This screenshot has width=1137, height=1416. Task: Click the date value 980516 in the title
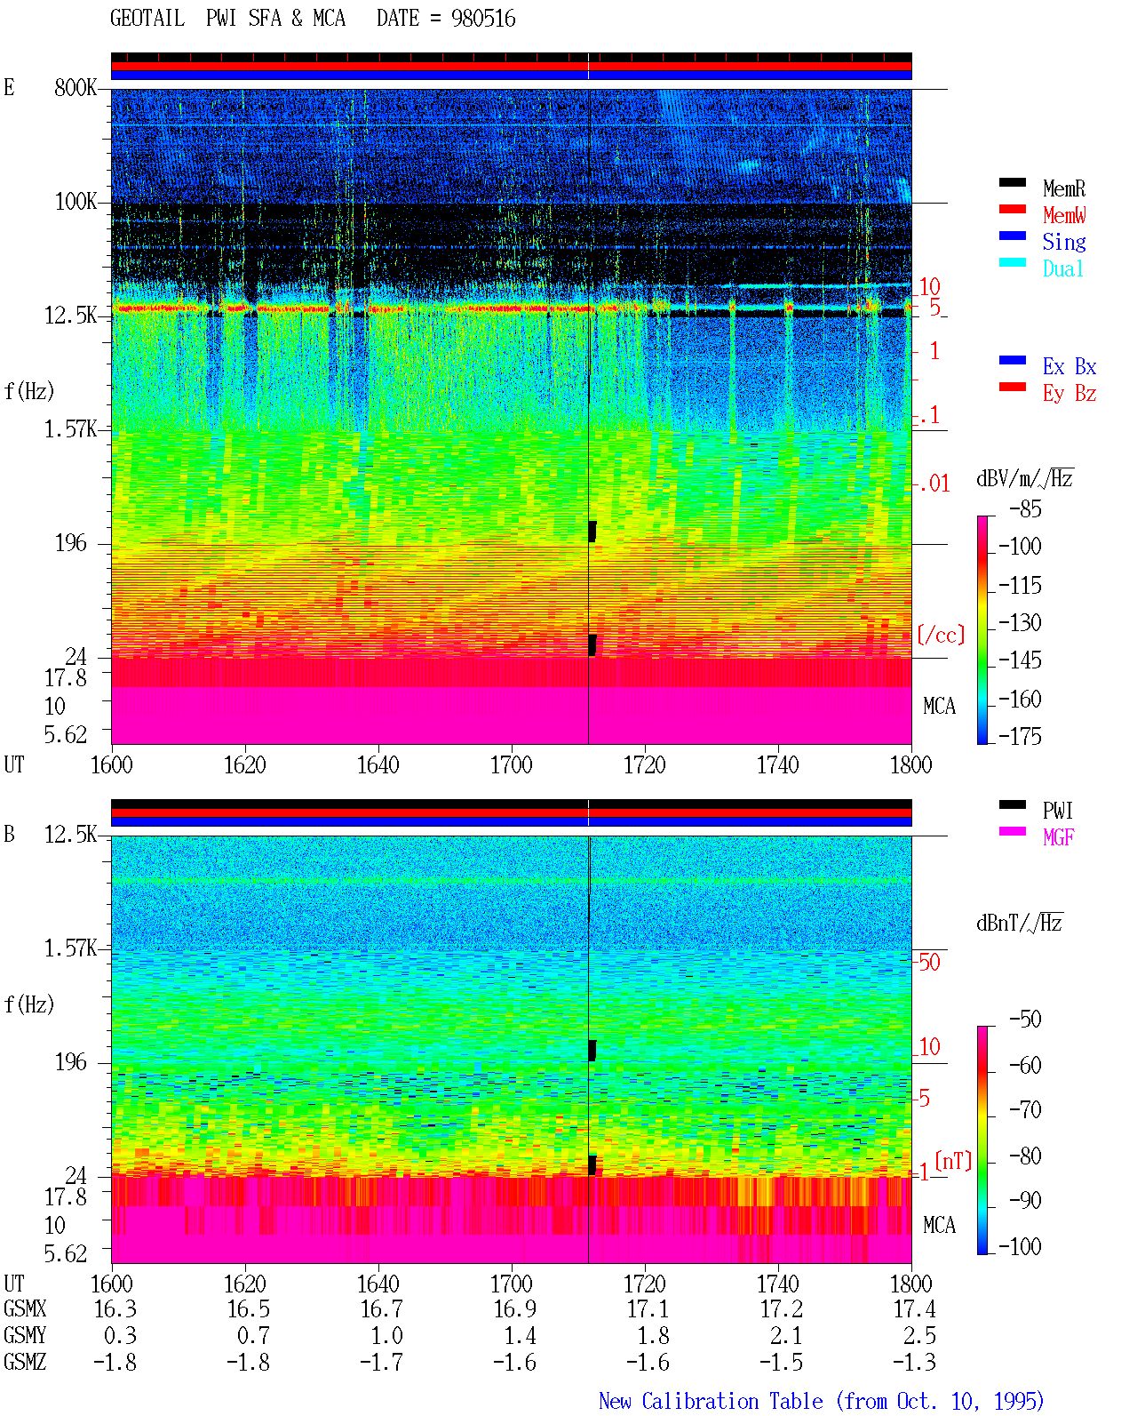(x=483, y=19)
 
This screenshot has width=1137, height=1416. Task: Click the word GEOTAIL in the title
(x=147, y=19)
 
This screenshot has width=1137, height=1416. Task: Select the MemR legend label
(x=1064, y=188)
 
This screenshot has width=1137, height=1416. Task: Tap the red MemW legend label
(x=1064, y=215)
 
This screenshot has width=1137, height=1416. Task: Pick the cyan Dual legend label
(x=1063, y=268)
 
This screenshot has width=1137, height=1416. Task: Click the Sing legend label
(x=1064, y=242)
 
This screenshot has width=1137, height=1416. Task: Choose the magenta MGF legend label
(x=1058, y=837)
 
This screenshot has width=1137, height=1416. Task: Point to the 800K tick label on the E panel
(x=76, y=87)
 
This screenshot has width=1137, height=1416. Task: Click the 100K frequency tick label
(x=76, y=202)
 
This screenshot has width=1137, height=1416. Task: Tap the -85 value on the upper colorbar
(x=1025, y=508)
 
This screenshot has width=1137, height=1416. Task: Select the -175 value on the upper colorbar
(x=1020, y=736)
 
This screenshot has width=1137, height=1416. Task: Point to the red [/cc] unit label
(x=941, y=635)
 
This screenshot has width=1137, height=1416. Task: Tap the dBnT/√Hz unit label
(x=1019, y=924)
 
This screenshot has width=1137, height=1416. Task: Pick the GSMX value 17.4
(x=914, y=1309)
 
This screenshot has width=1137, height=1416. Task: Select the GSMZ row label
(x=25, y=1362)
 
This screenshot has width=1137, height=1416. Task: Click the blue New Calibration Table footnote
(x=822, y=1401)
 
